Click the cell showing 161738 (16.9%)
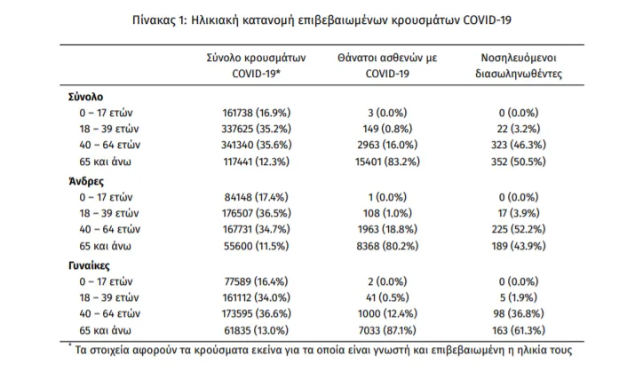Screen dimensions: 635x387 [257, 113]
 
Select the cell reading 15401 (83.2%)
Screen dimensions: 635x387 [387, 162]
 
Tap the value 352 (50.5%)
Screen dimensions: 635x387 [519, 162]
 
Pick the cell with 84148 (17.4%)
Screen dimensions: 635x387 [257, 197]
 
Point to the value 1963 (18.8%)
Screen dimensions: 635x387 [387, 229]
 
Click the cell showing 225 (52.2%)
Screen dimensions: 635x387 [519, 229]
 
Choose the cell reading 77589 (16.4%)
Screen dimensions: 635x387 [257, 281]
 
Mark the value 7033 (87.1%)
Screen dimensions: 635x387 [387, 330]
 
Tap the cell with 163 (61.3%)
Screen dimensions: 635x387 [519, 330]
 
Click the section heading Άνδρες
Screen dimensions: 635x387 [86, 181]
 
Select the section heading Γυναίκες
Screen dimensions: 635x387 [89, 265]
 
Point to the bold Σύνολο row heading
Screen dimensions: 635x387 [85, 97]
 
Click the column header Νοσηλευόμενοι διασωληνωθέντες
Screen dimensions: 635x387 [519, 66]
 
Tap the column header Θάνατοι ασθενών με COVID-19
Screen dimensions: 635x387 [387, 66]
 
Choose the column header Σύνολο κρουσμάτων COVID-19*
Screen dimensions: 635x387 [257, 66]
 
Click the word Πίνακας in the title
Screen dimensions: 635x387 [154, 20]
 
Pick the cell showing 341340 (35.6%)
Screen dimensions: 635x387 [257, 145]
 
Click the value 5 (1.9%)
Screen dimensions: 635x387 [519, 297]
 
